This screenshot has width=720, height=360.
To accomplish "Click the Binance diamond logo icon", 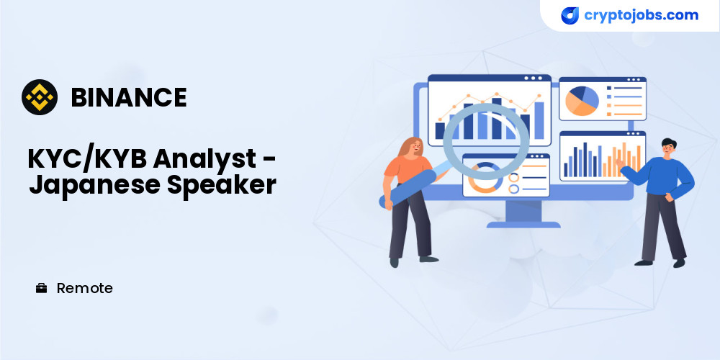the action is tap(40, 97).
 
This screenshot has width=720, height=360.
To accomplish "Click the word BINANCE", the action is tap(129, 97).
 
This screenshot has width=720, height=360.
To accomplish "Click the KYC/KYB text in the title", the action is tap(88, 159).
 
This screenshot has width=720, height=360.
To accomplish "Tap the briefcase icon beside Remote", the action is tap(41, 289).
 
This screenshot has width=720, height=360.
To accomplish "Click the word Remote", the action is tap(84, 289).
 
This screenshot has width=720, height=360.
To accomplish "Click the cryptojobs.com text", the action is tap(641, 15).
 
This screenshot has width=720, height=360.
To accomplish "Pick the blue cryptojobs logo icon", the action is tap(570, 16).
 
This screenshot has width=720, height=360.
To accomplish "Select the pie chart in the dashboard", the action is tap(582, 101).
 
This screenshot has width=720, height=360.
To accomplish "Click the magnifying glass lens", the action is tap(486, 141).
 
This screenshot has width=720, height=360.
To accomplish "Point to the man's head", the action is tap(668, 147).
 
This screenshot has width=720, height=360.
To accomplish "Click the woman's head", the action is tap(413, 147).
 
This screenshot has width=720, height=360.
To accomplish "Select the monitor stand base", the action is tap(523, 225).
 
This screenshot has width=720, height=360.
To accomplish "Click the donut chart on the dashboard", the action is tap(484, 177).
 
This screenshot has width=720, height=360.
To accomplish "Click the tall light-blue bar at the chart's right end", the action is tap(539, 120).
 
